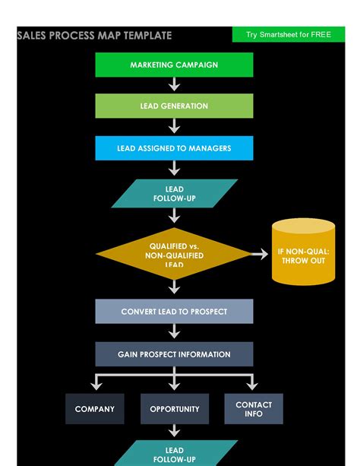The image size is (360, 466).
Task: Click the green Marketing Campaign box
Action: tap(174, 65)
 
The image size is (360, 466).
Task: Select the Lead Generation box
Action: tap(174, 106)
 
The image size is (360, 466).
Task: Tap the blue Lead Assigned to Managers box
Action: tap(174, 148)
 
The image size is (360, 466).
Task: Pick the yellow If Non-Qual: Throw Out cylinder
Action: tap(303, 252)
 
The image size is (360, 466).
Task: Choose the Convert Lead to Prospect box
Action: tap(174, 312)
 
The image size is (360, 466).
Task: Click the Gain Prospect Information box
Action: tap(174, 354)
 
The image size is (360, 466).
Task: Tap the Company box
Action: tap(95, 409)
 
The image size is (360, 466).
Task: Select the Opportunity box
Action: tap(174, 409)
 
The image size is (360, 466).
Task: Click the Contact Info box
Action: tap(254, 409)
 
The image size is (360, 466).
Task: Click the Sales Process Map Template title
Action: tap(95, 36)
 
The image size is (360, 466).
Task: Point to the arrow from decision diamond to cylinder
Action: tap(260, 253)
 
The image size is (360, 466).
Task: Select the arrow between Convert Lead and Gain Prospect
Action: tap(174, 333)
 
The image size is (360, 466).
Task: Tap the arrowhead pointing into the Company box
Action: tap(95, 386)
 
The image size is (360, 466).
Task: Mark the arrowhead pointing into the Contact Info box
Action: tap(254, 386)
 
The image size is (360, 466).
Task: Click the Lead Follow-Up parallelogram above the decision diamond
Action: tap(174, 194)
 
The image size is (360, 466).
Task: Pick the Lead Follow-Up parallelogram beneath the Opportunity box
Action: tap(174, 453)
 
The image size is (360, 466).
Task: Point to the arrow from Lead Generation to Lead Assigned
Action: tap(174, 127)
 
